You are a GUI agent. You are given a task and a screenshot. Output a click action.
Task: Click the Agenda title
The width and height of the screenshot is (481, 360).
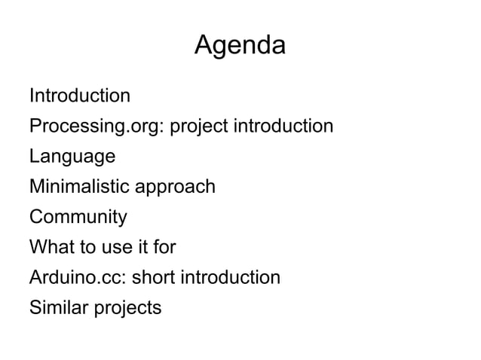[x=240, y=47]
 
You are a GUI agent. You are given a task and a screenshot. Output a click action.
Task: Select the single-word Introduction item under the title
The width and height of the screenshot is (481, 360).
[x=79, y=96]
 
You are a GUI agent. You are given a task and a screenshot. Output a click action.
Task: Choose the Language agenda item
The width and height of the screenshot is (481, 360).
[x=72, y=157]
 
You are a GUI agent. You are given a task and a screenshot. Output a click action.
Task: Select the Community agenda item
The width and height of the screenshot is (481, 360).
[x=78, y=218]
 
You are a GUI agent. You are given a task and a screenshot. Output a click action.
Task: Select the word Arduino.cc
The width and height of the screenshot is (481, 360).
[x=78, y=278]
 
